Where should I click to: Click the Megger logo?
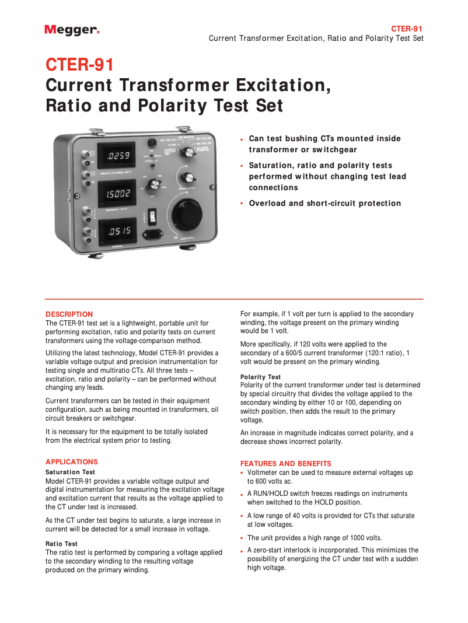click(x=72, y=30)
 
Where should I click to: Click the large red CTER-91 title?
click(x=80, y=64)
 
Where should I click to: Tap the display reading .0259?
click(x=119, y=156)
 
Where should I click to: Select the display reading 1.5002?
click(x=119, y=193)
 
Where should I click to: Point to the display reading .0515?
click(x=119, y=232)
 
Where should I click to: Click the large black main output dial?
click(x=187, y=215)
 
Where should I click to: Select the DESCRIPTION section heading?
click(x=69, y=314)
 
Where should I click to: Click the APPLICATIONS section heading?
click(x=72, y=461)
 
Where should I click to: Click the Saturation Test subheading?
click(x=70, y=472)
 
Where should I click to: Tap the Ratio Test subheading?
click(x=61, y=544)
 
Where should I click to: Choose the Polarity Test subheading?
click(x=260, y=377)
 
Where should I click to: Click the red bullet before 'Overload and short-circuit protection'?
click(x=242, y=204)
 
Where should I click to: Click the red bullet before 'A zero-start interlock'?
click(x=242, y=551)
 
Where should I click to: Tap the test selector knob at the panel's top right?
click(x=188, y=152)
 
